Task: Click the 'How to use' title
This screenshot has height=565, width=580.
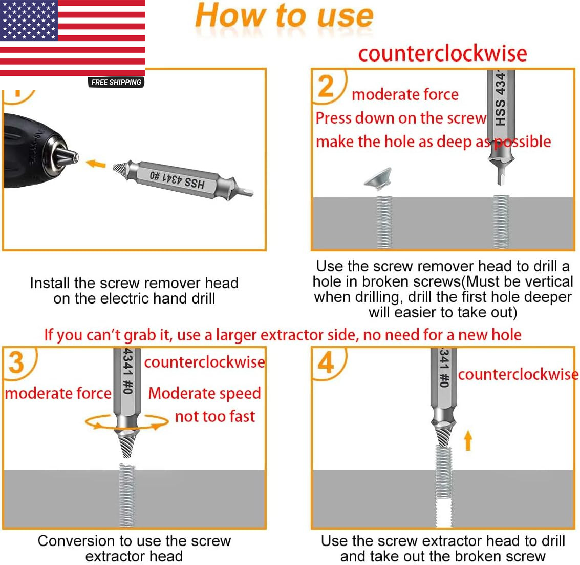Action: pos(284,15)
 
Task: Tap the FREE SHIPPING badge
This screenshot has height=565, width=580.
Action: pos(116,82)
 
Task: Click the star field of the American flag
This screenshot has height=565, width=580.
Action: pos(29,21)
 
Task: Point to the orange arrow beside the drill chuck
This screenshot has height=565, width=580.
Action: pos(95,164)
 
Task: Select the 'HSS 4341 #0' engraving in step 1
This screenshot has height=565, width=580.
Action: pos(177,179)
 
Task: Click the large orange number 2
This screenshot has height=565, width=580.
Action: pos(326,86)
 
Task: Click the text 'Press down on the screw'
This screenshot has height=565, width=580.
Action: pos(401,118)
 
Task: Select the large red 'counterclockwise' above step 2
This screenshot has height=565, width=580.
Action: pos(442,54)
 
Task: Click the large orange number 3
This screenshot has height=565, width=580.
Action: pos(16,362)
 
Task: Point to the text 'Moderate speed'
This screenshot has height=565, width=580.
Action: pos(205,393)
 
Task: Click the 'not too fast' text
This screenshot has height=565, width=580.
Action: pos(215,416)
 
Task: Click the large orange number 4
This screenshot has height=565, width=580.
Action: pos(326,364)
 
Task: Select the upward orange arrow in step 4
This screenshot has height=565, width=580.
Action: pos(468,440)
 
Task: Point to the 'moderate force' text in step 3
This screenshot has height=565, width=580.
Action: pos(58,393)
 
